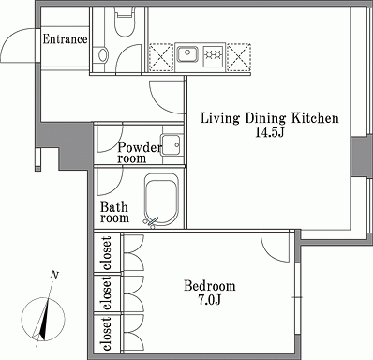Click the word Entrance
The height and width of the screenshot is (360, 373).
click(x=65, y=39)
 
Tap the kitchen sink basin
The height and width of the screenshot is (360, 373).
click(x=187, y=54)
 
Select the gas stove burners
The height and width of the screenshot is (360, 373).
click(x=214, y=54)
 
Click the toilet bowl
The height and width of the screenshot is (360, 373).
click(x=125, y=22)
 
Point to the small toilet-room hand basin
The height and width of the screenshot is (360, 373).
click(x=103, y=54)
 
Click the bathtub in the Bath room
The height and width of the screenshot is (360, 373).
click(x=161, y=199)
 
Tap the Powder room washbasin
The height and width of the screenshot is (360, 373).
click(x=172, y=144)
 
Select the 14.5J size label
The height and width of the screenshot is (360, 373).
click(x=269, y=132)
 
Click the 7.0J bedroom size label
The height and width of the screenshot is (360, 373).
click(x=209, y=300)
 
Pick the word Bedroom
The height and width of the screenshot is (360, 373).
click(x=210, y=286)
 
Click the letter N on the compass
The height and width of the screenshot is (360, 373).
click(x=54, y=276)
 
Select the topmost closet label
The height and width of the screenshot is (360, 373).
click(x=107, y=253)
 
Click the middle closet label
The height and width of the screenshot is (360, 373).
click(x=107, y=292)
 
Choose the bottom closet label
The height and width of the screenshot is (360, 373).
click(x=107, y=334)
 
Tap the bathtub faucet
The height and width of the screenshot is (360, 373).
click(x=153, y=221)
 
